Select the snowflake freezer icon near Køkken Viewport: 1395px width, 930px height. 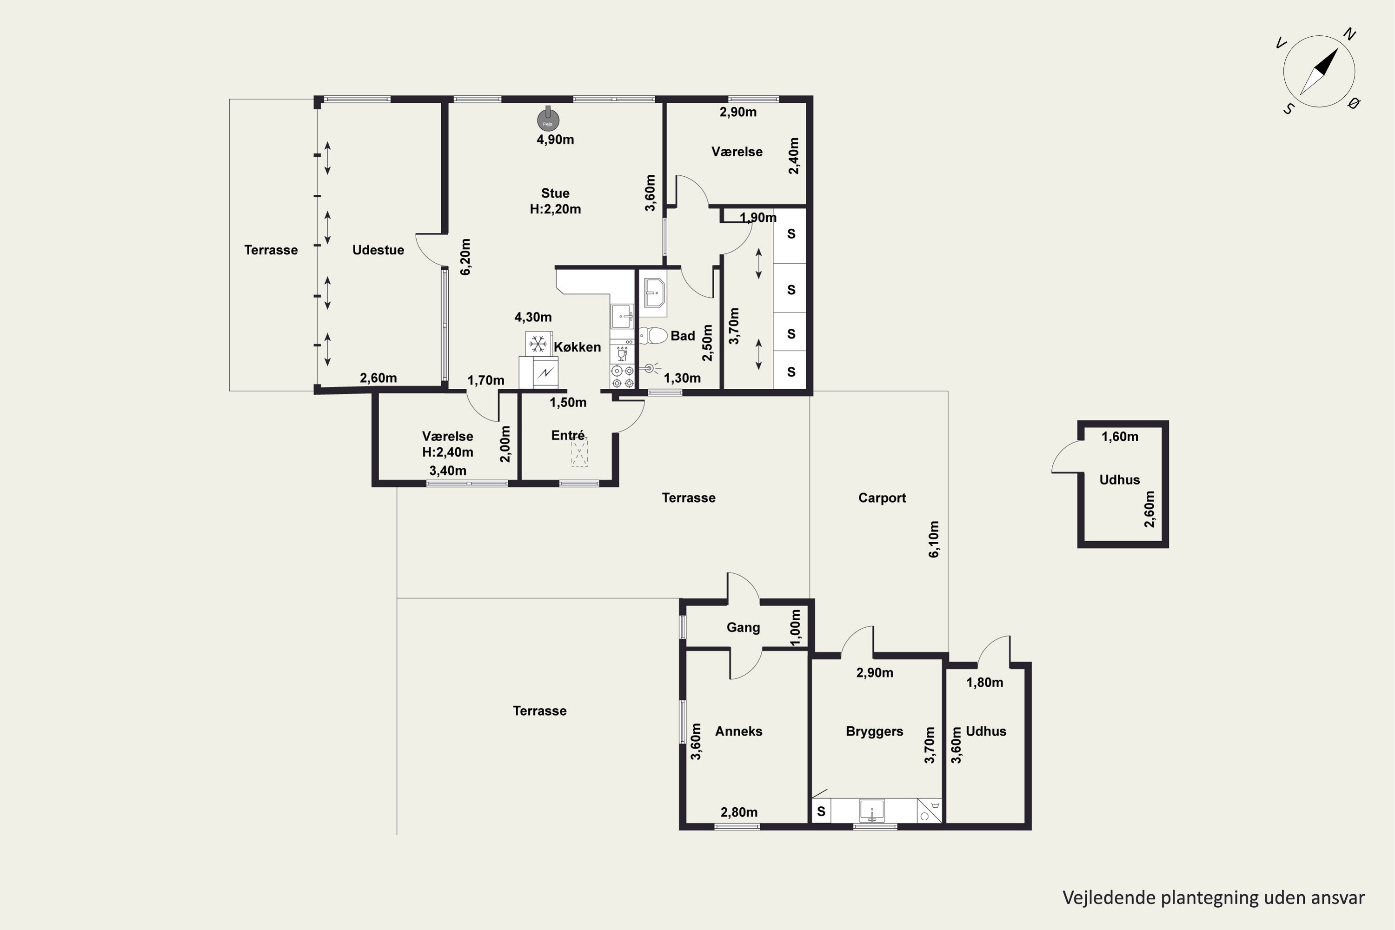tap(538, 344)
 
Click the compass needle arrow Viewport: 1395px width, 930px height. tap(1320, 71)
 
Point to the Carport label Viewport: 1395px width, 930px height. tap(882, 498)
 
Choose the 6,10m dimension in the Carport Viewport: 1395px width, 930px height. tap(934, 539)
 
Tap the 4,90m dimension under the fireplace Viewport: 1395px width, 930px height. tap(555, 139)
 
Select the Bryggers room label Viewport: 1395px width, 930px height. tap(874, 731)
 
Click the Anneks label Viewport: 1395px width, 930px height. tap(738, 731)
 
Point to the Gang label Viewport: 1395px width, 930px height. tap(743, 627)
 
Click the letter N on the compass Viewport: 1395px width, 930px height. tap(1349, 34)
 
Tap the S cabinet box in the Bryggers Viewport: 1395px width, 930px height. tap(821, 811)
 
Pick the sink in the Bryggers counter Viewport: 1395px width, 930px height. tap(872, 810)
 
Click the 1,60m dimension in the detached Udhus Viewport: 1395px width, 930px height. tap(1120, 437)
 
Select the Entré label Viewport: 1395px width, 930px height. tap(568, 435)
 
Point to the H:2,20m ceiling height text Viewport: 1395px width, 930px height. tap(555, 209)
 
